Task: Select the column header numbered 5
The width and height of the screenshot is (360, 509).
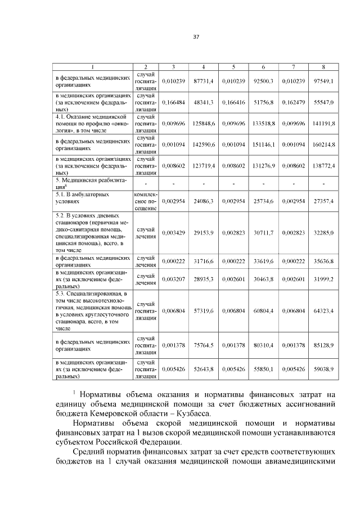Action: point(233,67)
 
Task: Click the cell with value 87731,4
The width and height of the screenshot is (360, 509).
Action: point(204,81)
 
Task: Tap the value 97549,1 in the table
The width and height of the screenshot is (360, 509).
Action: point(324,81)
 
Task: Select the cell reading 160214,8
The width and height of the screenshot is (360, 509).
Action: point(324,145)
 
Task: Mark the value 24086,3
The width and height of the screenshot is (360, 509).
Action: point(204,201)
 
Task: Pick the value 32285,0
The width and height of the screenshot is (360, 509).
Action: point(324,232)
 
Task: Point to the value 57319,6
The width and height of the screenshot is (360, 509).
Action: point(204,310)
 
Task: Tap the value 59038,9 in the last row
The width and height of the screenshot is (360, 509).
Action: point(324,370)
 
